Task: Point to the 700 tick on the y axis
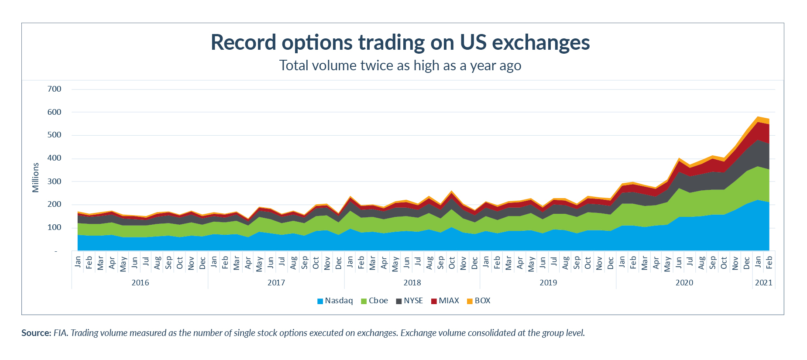[55, 89]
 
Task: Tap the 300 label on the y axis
[55, 181]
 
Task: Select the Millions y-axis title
[36, 178]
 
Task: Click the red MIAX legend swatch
[434, 301]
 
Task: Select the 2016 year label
[140, 283]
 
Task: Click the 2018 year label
[412, 283]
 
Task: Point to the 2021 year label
[764, 283]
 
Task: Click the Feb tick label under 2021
[769, 262]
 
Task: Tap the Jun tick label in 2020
[679, 262]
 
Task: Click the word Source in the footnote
[36, 333]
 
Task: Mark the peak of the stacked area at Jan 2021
[758, 117]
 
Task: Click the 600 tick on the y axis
[55, 112]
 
